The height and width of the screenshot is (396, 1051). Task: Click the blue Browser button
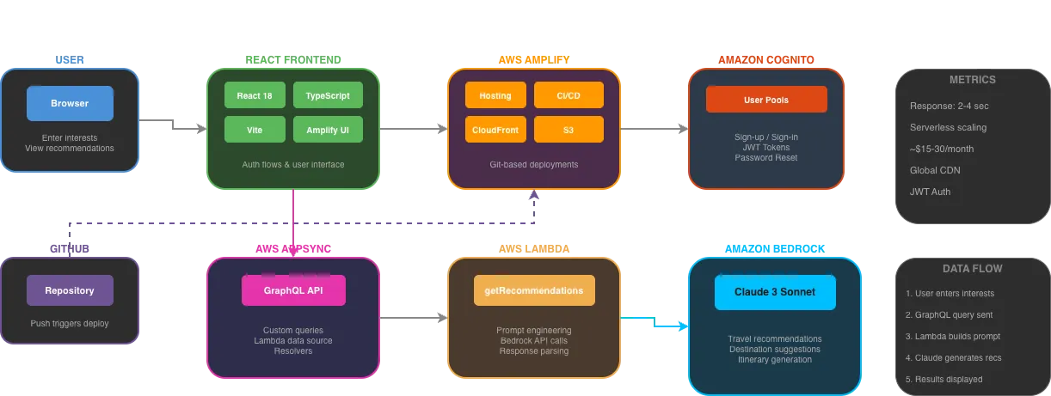[70, 103]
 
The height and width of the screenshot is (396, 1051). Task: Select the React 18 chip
[255, 95]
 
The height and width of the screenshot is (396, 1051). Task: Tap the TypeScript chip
[328, 95]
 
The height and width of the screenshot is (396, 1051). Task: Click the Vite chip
[255, 130]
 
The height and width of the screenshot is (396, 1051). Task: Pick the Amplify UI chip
[328, 130]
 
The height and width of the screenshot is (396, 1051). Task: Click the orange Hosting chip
[495, 95]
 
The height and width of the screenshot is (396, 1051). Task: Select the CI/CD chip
[569, 95]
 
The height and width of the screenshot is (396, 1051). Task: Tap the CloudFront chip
[495, 130]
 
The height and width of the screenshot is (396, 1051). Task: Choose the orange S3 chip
[569, 130]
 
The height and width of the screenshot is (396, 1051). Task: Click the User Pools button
[766, 100]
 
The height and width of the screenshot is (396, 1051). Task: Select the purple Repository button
[70, 290]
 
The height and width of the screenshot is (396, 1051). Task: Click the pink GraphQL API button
[293, 290]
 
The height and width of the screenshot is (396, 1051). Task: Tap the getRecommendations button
[534, 290]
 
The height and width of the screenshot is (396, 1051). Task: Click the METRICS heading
[972, 80]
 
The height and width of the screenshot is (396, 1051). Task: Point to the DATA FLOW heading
[972, 269]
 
